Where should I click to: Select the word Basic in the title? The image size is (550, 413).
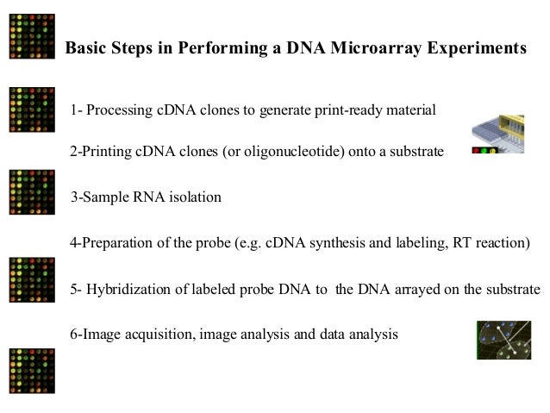(x=88, y=48)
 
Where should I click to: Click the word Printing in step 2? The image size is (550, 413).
(x=103, y=153)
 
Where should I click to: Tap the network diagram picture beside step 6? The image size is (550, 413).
(x=503, y=340)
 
